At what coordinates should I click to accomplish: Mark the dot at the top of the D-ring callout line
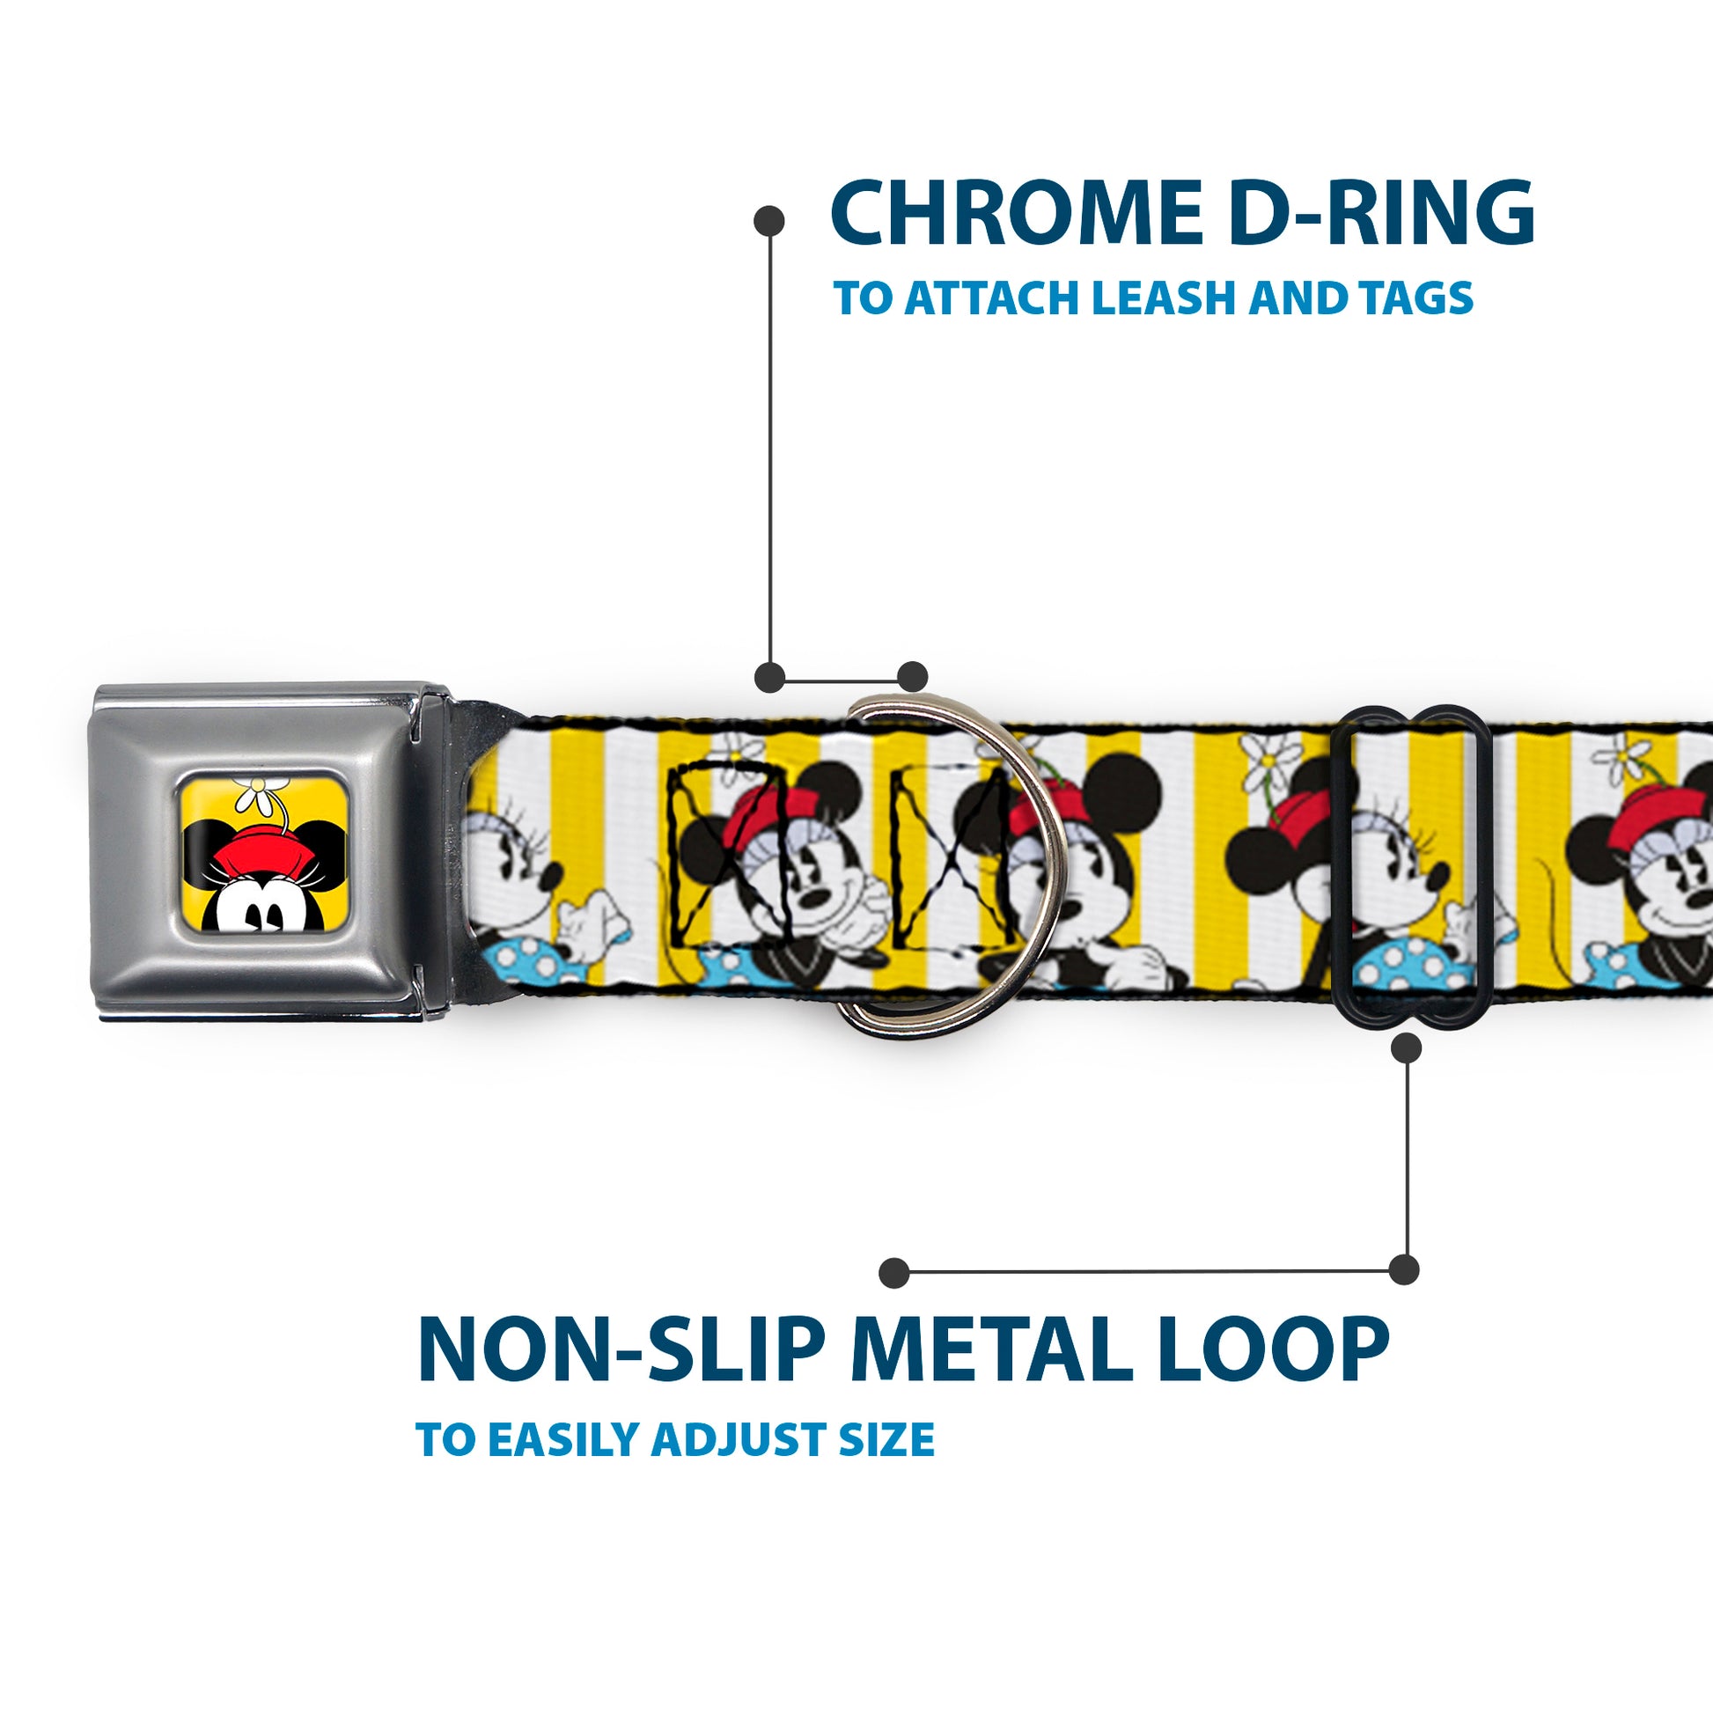point(768,221)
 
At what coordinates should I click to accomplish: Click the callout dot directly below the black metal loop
point(1406,1049)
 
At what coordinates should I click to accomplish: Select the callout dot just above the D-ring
point(912,677)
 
